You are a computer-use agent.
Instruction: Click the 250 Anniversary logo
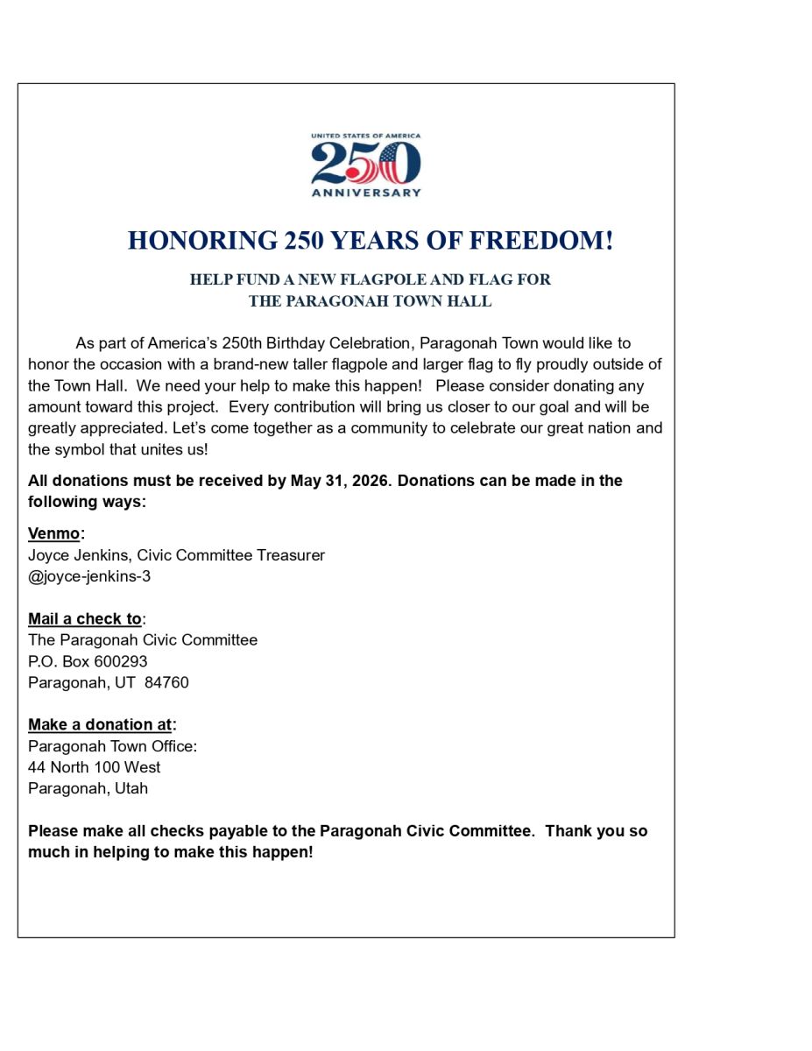(x=366, y=164)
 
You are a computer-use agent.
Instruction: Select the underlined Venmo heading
(x=53, y=533)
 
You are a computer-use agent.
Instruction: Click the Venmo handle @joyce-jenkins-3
(x=89, y=576)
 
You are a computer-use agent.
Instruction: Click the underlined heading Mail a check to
(x=85, y=619)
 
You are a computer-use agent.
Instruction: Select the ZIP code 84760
(x=166, y=682)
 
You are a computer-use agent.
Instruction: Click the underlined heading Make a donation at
(x=100, y=724)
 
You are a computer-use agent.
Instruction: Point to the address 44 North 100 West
(x=95, y=767)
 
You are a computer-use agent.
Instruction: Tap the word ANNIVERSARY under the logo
(x=366, y=193)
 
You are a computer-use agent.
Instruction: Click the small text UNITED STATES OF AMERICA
(x=366, y=136)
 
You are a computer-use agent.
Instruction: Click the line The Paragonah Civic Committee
(x=143, y=640)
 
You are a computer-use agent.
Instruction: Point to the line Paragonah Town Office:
(x=113, y=746)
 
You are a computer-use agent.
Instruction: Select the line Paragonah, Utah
(x=88, y=788)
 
